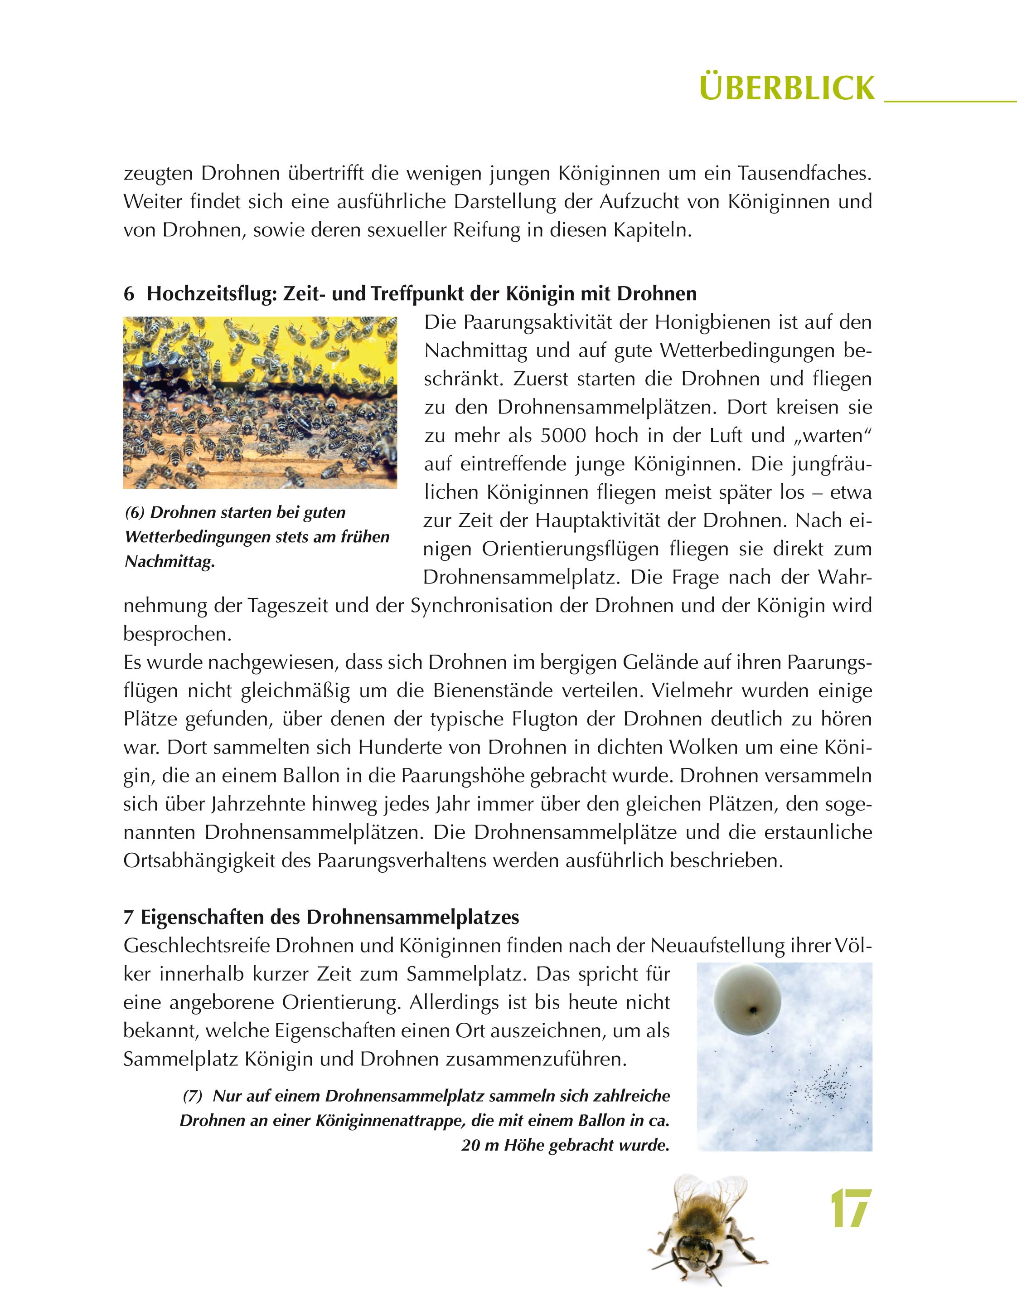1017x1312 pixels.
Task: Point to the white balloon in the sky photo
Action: click(x=747, y=999)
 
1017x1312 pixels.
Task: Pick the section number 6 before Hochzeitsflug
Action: click(x=129, y=294)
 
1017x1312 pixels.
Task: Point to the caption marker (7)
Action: click(x=193, y=1096)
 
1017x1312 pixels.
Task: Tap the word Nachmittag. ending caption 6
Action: click(x=170, y=562)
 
